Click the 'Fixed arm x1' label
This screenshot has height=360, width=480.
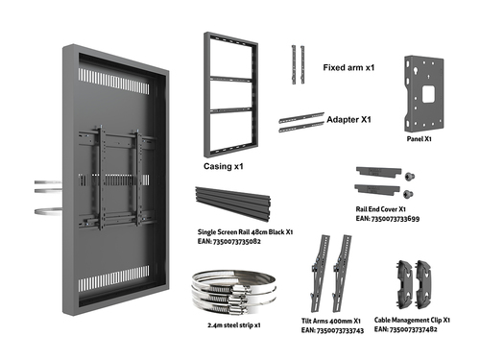(348, 67)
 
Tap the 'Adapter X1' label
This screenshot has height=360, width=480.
(348, 120)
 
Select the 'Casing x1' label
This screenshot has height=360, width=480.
(224, 166)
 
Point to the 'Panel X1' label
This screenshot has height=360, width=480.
(420, 139)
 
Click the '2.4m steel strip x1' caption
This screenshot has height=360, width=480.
(234, 325)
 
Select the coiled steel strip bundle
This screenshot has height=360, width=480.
(233, 292)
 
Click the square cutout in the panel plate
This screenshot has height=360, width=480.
(428, 94)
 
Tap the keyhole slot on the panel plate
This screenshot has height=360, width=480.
(416, 71)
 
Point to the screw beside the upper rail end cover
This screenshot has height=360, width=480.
(410, 176)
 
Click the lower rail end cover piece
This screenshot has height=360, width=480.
(377, 188)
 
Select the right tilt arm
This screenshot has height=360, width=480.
(342, 274)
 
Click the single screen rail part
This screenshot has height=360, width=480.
(233, 204)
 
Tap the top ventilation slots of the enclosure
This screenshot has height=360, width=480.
(114, 81)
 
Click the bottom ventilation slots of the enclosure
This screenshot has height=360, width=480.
(114, 278)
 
